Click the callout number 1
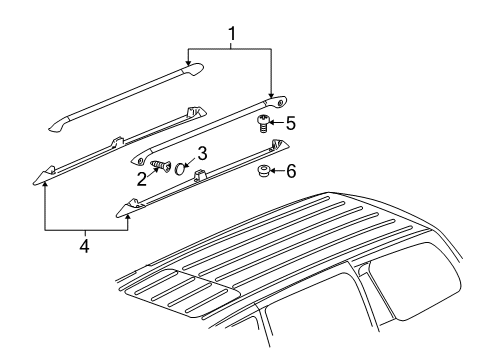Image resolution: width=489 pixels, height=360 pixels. tap(233, 35)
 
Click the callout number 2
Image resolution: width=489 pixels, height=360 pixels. tap(143, 177)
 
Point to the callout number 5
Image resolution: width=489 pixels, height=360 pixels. tap(291, 124)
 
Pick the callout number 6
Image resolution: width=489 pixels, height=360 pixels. tap(291, 171)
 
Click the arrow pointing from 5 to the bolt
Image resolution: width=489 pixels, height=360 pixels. tap(278, 124)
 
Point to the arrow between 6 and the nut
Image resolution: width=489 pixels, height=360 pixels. tap(278, 171)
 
